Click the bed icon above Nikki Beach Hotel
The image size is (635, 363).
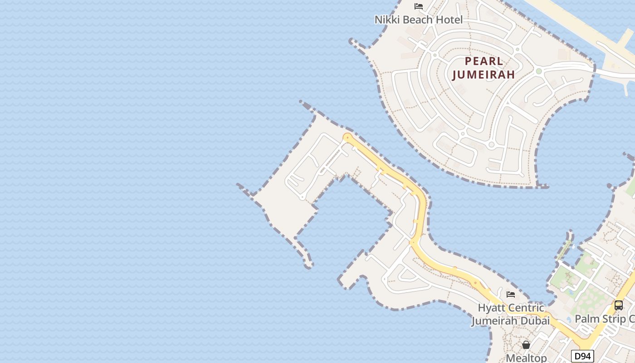[x=419, y=6]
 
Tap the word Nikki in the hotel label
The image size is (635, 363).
[x=385, y=20]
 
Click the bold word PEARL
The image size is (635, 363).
[x=484, y=61]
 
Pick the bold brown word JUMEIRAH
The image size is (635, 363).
[x=484, y=74]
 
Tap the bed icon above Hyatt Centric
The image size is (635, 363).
[x=511, y=294]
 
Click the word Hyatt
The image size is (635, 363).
[x=492, y=308]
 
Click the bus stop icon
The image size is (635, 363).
[x=619, y=305]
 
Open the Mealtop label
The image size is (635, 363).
[x=526, y=358]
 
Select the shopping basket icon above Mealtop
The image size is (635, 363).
[x=526, y=345]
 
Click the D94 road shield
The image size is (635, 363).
[x=582, y=356]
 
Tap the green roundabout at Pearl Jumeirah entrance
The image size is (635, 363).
[x=539, y=71]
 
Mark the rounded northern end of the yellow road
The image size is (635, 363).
[x=347, y=137]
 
